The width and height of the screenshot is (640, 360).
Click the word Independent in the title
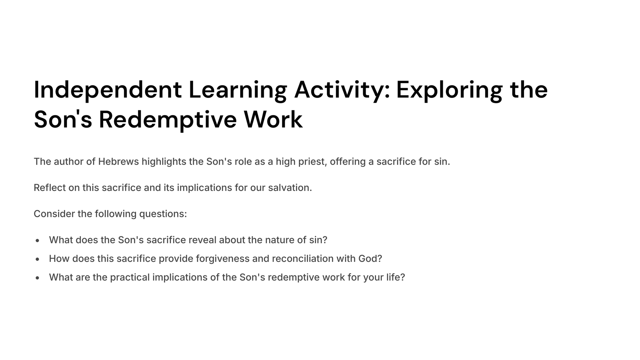[108, 90]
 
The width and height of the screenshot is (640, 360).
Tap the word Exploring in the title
[449, 90]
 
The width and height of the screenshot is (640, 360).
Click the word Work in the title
[273, 120]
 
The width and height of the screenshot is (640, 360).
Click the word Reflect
[49, 188]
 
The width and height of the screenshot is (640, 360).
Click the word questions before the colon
[161, 214]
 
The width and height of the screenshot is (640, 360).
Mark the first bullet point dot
[37, 240]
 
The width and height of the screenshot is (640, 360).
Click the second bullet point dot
[37, 259]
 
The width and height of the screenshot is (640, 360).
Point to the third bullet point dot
[37, 278]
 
